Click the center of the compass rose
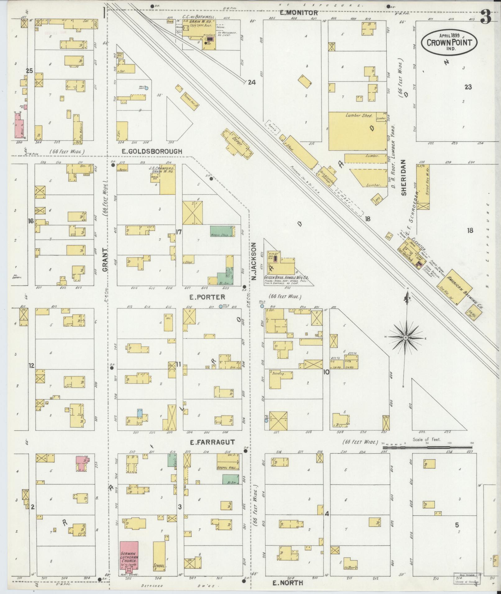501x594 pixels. (406, 337)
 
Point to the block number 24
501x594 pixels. (252, 82)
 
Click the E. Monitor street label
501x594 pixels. (299, 13)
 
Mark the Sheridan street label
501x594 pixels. (403, 178)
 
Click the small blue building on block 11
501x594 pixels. (140, 413)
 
